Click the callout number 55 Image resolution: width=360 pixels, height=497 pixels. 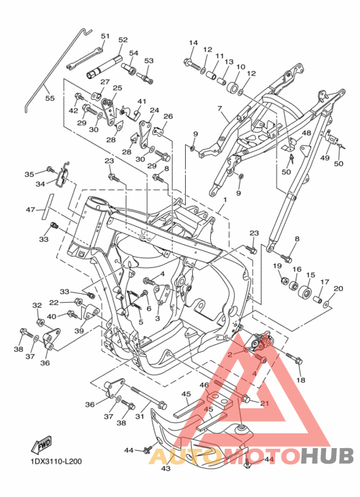click(x=50, y=98)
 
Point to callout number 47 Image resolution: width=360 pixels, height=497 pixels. click(x=30, y=210)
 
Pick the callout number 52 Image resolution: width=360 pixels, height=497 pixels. click(x=123, y=40)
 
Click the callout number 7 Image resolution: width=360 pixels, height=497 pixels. click(x=220, y=109)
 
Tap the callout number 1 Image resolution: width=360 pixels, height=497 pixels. click(x=225, y=200)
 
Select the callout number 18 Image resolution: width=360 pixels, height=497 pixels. click(x=301, y=380)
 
